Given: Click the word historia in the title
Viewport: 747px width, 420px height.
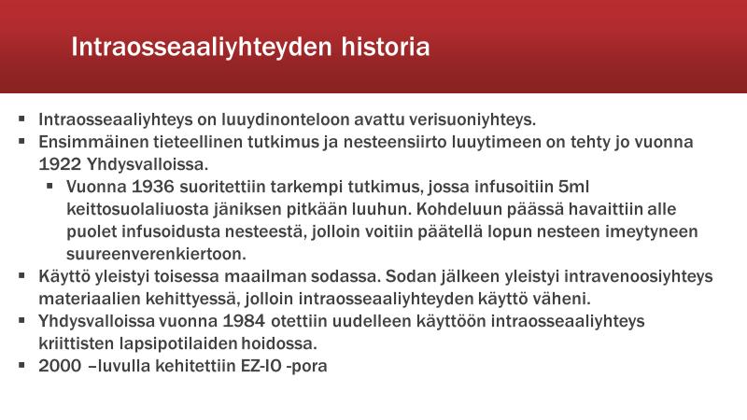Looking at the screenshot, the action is [386, 47].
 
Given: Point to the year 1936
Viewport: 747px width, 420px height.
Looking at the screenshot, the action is [153, 187].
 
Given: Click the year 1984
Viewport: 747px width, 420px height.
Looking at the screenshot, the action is [244, 321].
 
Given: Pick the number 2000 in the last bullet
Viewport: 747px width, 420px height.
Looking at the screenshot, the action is [60, 366].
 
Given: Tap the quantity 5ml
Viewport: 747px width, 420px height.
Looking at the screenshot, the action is [574, 187].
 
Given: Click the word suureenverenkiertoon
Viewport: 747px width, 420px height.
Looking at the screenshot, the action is [156, 254].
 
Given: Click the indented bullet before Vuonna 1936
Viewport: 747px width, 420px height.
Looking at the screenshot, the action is [49, 186].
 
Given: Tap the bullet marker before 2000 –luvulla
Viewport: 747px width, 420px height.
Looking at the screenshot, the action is [21, 365].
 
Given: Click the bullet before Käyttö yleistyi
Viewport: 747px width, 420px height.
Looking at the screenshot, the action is [21, 275].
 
